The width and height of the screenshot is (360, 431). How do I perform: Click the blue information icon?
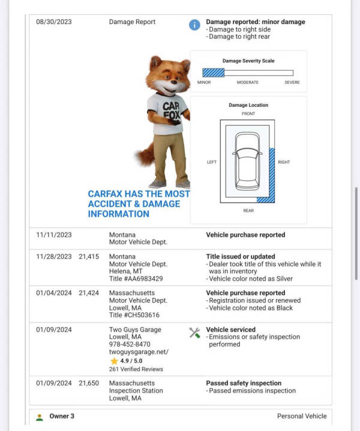point(194,25)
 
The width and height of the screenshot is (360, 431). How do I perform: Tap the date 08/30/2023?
point(54,22)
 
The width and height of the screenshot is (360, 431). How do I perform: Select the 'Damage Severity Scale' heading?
point(248,61)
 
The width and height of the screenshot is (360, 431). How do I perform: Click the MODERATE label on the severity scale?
point(248,83)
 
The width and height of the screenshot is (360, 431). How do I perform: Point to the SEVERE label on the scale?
point(292,83)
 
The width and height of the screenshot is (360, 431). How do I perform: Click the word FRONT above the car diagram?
point(248,113)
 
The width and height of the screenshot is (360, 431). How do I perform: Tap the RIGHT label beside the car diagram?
point(284,162)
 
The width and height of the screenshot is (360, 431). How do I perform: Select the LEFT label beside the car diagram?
point(212,162)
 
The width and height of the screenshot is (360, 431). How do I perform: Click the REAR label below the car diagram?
point(248,210)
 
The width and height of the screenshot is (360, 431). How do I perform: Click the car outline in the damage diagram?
point(248,161)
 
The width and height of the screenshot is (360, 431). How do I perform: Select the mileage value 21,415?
point(88,257)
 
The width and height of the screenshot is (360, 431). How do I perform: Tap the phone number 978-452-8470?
point(130,345)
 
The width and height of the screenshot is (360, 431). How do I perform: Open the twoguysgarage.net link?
point(139,352)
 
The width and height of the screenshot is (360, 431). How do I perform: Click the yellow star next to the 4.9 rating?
point(113,361)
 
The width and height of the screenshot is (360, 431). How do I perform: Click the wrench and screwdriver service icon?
point(194,333)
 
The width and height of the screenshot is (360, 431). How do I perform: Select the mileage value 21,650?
point(88,384)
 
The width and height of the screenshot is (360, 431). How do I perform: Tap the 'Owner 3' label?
point(62,416)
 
